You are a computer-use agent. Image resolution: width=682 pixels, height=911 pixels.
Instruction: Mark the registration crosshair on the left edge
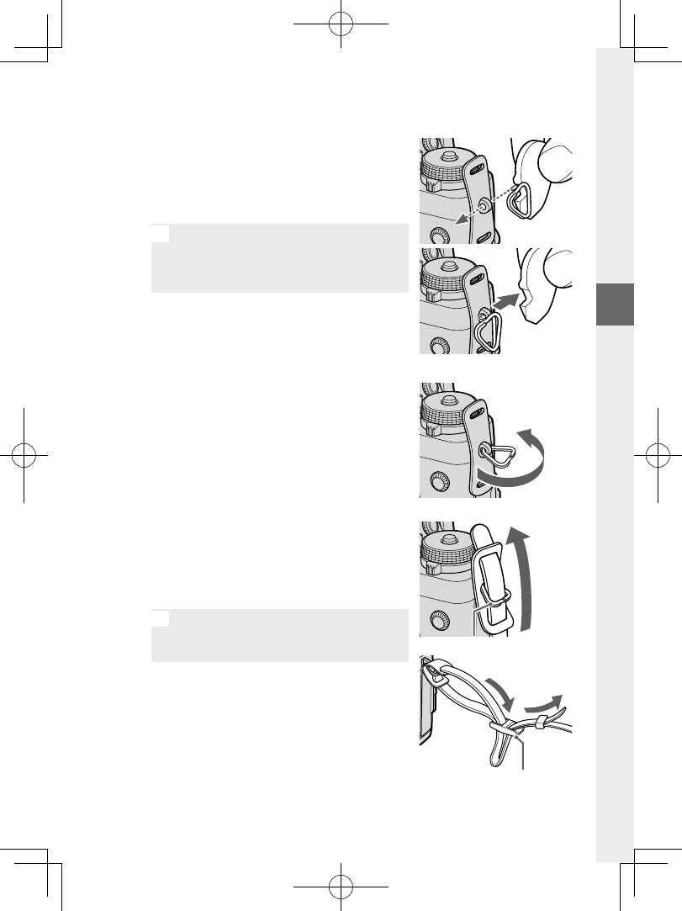25,455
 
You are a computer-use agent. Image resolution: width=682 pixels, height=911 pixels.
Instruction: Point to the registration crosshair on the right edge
657,455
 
